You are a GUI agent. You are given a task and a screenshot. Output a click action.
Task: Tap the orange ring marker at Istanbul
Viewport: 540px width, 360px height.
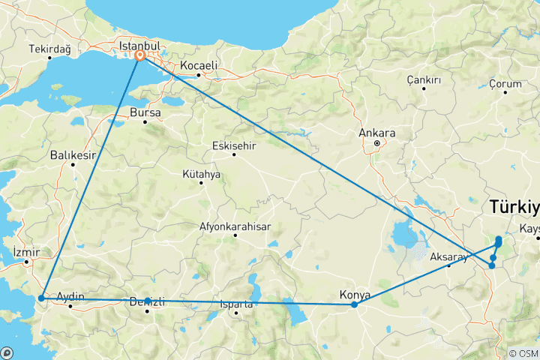pyautogui.click(x=140, y=55)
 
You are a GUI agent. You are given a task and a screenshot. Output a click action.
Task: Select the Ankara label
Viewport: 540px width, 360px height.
pyautogui.click(x=377, y=133)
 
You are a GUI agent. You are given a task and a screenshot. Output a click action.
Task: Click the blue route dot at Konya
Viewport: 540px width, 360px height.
pyautogui.click(x=354, y=304)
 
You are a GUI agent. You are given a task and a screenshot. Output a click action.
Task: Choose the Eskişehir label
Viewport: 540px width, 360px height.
pyautogui.click(x=234, y=145)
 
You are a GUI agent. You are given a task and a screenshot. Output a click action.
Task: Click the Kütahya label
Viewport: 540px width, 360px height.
pyautogui.click(x=201, y=174)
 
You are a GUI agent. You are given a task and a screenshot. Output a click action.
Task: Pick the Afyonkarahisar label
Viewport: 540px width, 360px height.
pyautogui.click(x=235, y=226)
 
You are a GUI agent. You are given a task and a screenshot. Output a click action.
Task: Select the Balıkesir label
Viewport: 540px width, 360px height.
pyautogui.click(x=73, y=155)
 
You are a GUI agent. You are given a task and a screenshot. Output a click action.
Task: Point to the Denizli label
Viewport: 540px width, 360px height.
pyautogui.click(x=148, y=301)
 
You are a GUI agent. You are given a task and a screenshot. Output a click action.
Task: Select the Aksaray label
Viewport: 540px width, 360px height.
pyautogui.click(x=448, y=257)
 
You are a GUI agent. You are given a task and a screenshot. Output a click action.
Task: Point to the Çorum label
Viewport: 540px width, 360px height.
pyautogui.click(x=505, y=83)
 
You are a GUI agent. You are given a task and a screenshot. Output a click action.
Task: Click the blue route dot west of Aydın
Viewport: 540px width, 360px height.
pyautogui.click(x=41, y=298)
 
